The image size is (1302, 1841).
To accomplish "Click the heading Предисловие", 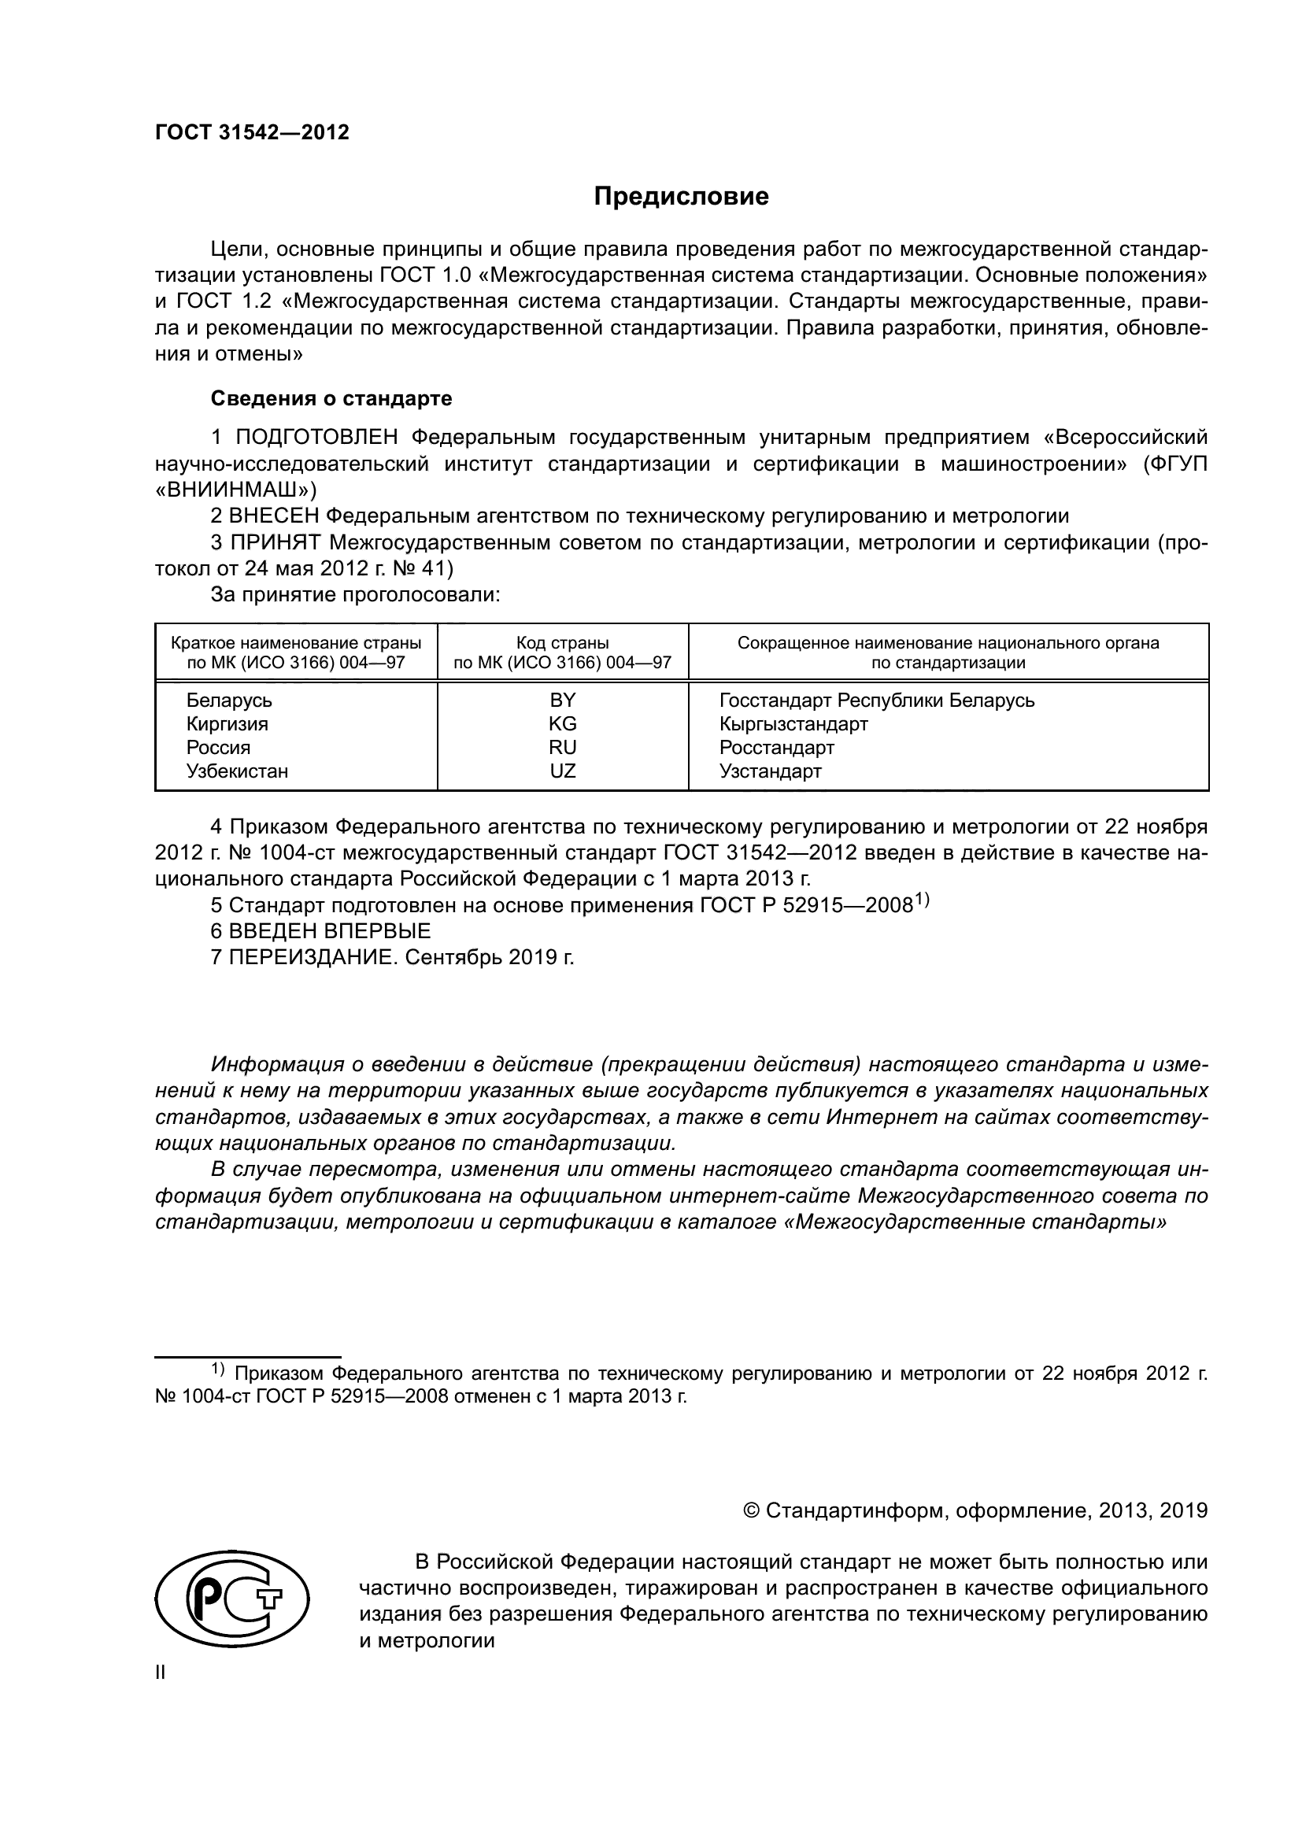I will pos(681,197).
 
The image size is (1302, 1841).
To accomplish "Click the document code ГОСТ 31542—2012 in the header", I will pos(252,132).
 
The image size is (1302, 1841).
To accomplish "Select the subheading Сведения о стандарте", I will pos(331,398).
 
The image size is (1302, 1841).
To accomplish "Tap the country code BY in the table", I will pos(562,700).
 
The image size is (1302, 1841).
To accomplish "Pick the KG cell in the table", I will pos(562,723).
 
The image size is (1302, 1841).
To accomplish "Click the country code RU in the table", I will pos(562,747).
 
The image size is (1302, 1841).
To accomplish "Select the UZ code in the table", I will pos(562,771).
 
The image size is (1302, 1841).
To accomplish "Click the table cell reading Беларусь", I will pos(229,700).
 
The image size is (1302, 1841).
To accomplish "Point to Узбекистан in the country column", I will pos(237,771).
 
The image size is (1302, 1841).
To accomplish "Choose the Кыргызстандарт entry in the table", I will pos(793,723).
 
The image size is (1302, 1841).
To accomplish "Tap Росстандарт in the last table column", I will pos(777,747).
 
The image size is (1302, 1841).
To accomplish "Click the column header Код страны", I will pos(562,643).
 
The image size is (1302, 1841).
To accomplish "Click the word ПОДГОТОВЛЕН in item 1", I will pos(316,437).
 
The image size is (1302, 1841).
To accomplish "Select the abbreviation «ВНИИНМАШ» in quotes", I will pos(235,489).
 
